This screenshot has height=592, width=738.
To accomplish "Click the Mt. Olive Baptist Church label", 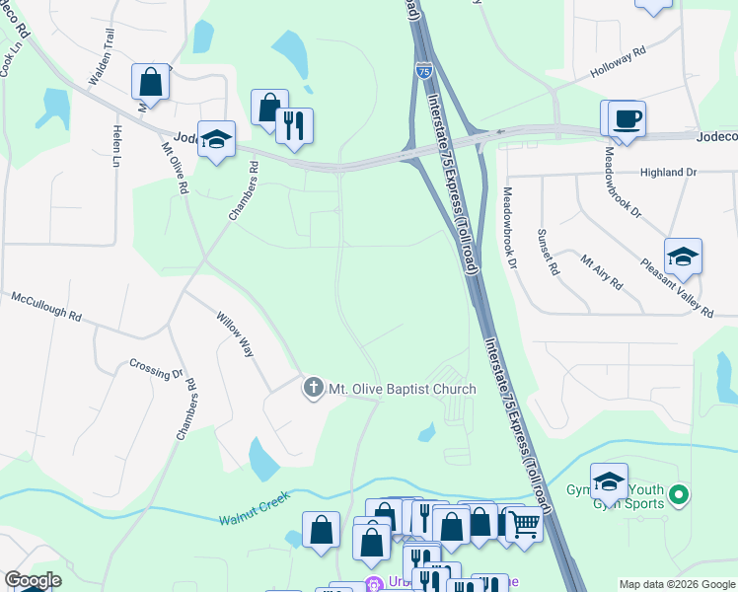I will point(402,389).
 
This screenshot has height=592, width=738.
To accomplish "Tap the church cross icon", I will point(313,388).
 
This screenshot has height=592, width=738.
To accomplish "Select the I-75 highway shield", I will point(423,71).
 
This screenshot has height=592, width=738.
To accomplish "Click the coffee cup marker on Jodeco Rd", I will point(627,120).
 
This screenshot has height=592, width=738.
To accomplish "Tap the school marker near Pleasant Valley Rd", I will point(683,258).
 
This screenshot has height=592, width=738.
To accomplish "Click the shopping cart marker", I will point(525,523).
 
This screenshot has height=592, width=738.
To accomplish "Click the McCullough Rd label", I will point(46,305).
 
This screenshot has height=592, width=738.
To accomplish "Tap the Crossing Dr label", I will point(156,369).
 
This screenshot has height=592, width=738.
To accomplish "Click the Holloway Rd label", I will point(618,61).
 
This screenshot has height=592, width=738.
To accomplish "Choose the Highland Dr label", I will point(668,173).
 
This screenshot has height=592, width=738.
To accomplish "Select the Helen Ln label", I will point(116,146).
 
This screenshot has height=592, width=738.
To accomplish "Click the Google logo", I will point(32,580).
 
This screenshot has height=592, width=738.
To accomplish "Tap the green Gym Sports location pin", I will point(678,494).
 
